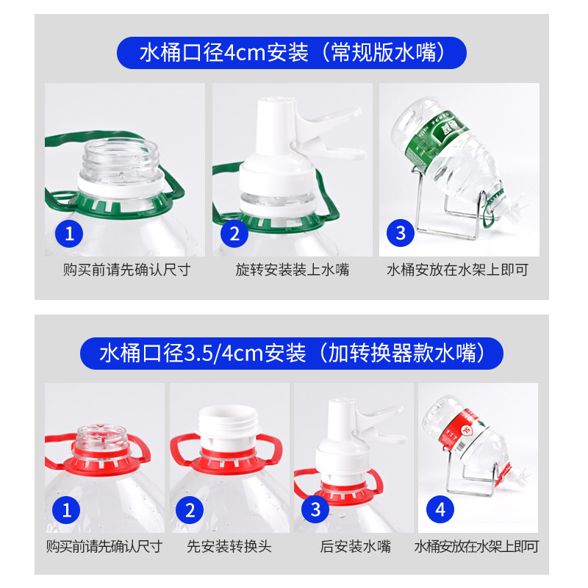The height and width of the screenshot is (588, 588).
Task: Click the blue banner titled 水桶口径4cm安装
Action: tap(291, 52)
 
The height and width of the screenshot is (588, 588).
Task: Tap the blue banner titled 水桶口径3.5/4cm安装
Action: tap(291, 354)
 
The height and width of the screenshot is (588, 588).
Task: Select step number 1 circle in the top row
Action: tap(69, 234)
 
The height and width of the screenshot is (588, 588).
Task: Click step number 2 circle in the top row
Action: tap(234, 234)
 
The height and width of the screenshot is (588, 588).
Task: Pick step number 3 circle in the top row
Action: tap(401, 233)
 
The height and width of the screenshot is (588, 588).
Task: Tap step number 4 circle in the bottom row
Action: tap(440, 509)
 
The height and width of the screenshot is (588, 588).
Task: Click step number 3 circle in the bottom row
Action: tap(315, 509)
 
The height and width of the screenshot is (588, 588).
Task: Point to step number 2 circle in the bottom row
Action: tap(190, 510)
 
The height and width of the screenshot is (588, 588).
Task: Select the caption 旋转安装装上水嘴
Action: tap(292, 270)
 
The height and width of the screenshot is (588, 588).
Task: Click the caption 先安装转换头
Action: tap(229, 546)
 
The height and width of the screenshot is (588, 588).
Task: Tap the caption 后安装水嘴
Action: tap(355, 546)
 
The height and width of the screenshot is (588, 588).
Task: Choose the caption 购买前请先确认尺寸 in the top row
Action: tap(126, 270)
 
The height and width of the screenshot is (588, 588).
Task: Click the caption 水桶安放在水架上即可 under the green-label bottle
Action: tap(457, 270)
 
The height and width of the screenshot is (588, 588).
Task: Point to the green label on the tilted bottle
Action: tap(437, 140)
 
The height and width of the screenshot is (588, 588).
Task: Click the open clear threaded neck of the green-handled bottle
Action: tap(121, 159)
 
